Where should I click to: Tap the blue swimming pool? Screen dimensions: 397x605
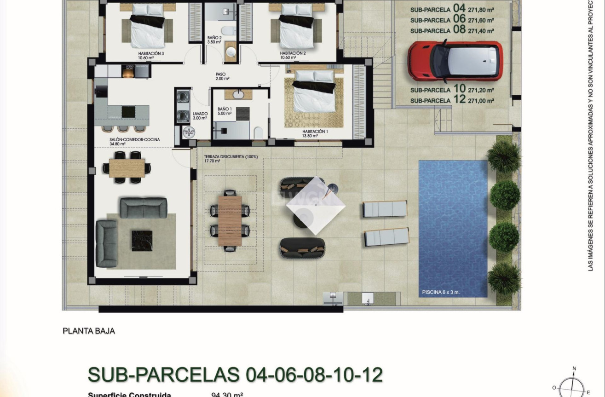[x=453, y=225]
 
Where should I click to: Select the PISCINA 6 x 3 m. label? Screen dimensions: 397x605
[x=441, y=292]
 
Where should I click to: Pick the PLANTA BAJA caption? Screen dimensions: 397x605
[x=89, y=331]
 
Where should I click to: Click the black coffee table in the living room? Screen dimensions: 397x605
[x=142, y=241]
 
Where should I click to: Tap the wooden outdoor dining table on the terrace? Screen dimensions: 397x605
[x=230, y=220]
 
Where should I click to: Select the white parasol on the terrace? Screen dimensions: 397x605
[x=316, y=205]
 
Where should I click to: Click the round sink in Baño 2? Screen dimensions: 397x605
[x=230, y=52]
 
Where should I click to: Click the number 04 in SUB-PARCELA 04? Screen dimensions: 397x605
[x=459, y=8]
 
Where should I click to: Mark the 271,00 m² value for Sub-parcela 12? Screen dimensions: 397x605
[x=481, y=101]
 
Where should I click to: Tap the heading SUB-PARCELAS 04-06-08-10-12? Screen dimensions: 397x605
[x=235, y=375]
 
